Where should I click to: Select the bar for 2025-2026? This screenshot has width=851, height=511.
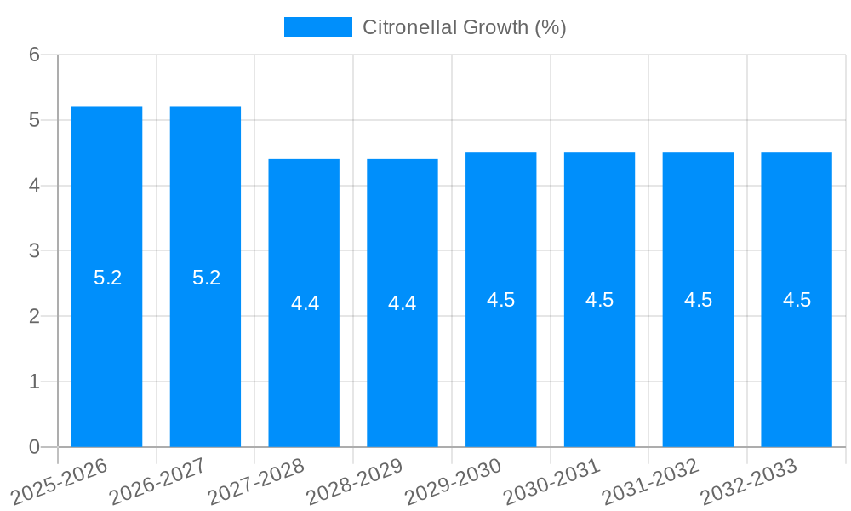pyautogui.click(x=106, y=277)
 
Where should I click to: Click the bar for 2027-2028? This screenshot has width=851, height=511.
pyautogui.click(x=304, y=303)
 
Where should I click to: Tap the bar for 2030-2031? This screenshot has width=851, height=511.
pyautogui.click(x=599, y=300)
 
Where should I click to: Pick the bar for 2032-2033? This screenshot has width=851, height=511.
pyautogui.click(x=797, y=300)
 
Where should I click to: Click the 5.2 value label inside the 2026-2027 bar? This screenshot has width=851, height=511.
pyautogui.click(x=206, y=278)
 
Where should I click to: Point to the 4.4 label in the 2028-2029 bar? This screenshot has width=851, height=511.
pyautogui.click(x=402, y=303)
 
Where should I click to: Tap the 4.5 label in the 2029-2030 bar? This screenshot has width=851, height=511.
pyautogui.click(x=500, y=300)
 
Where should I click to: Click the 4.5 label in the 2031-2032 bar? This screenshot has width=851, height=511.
pyautogui.click(x=698, y=300)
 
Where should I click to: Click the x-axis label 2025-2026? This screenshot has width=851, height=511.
pyautogui.click(x=60, y=482)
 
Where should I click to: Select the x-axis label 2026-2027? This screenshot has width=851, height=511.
pyautogui.click(x=158, y=482)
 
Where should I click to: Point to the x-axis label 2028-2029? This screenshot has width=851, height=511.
pyautogui.click(x=355, y=482)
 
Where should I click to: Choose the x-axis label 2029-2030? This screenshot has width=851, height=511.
pyautogui.click(x=454, y=482)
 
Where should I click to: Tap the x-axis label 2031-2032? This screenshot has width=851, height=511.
pyautogui.click(x=651, y=482)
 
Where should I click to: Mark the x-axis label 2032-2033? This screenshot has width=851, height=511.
pyautogui.click(x=749, y=482)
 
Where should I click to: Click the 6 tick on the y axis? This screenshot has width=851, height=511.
pyautogui.click(x=34, y=55)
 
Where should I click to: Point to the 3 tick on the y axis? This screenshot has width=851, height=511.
pyautogui.click(x=34, y=251)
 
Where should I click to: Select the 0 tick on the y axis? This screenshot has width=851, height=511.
pyautogui.click(x=34, y=447)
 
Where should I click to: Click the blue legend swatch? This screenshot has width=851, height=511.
pyautogui.click(x=317, y=27)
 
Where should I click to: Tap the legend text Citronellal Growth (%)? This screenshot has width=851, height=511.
pyautogui.click(x=464, y=27)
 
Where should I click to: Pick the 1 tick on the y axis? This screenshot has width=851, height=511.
pyautogui.click(x=34, y=382)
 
